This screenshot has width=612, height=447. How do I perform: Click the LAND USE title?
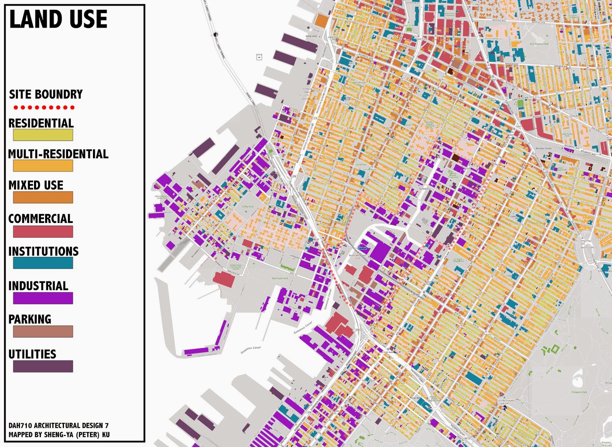coord(58,20)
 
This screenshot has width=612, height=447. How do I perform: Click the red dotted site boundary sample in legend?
coord(44,108)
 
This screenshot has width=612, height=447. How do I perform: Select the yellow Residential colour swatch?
coord(43,135)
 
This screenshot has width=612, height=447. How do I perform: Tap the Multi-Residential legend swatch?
coord(43,165)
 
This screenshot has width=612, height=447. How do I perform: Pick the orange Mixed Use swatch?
coord(43,197)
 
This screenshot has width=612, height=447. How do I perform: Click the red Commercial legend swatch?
coord(43,231)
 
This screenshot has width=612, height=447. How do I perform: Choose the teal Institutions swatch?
coord(43,263)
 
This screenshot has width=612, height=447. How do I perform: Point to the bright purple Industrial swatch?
coord(43,298)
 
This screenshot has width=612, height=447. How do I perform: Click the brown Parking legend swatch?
coord(43,331)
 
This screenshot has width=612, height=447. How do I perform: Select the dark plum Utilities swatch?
coord(43,366)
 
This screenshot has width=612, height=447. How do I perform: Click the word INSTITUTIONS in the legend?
coord(44,251)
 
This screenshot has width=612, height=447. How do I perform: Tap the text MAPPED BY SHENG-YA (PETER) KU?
coord(59,435)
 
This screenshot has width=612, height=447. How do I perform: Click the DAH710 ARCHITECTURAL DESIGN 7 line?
coord(59,426)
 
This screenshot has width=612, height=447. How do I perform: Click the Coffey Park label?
coord(247,207)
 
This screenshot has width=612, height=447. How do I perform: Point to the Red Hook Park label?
coord(280,278)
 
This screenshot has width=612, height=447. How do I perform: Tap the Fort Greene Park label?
coord(539,44)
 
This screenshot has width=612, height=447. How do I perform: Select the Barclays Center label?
coord(544,149)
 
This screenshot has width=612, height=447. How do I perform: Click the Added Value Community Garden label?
coord(236,267)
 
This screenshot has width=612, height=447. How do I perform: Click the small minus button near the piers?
coord(259,57)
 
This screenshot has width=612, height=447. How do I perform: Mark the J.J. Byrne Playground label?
coord(458,260)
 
